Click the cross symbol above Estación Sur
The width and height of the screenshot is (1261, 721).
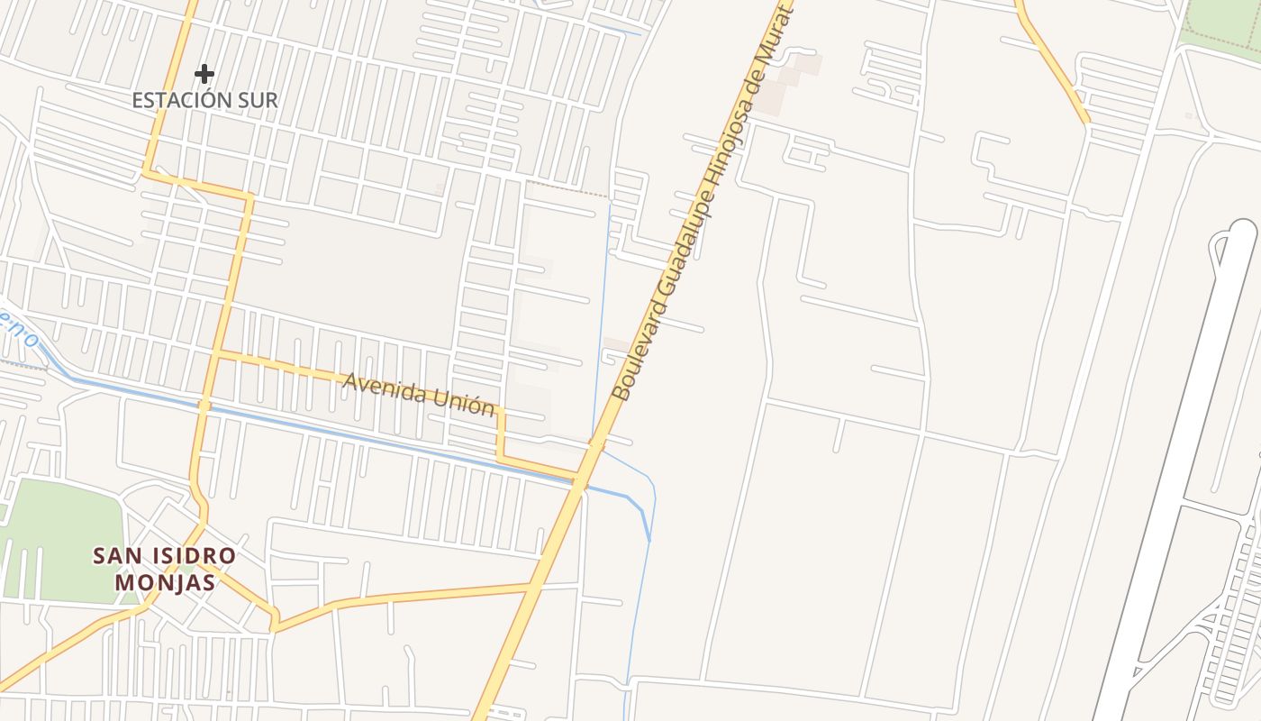[x=204, y=73]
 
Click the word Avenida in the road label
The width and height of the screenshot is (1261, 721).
[x=382, y=387]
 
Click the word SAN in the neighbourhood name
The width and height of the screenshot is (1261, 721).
[x=112, y=556]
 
